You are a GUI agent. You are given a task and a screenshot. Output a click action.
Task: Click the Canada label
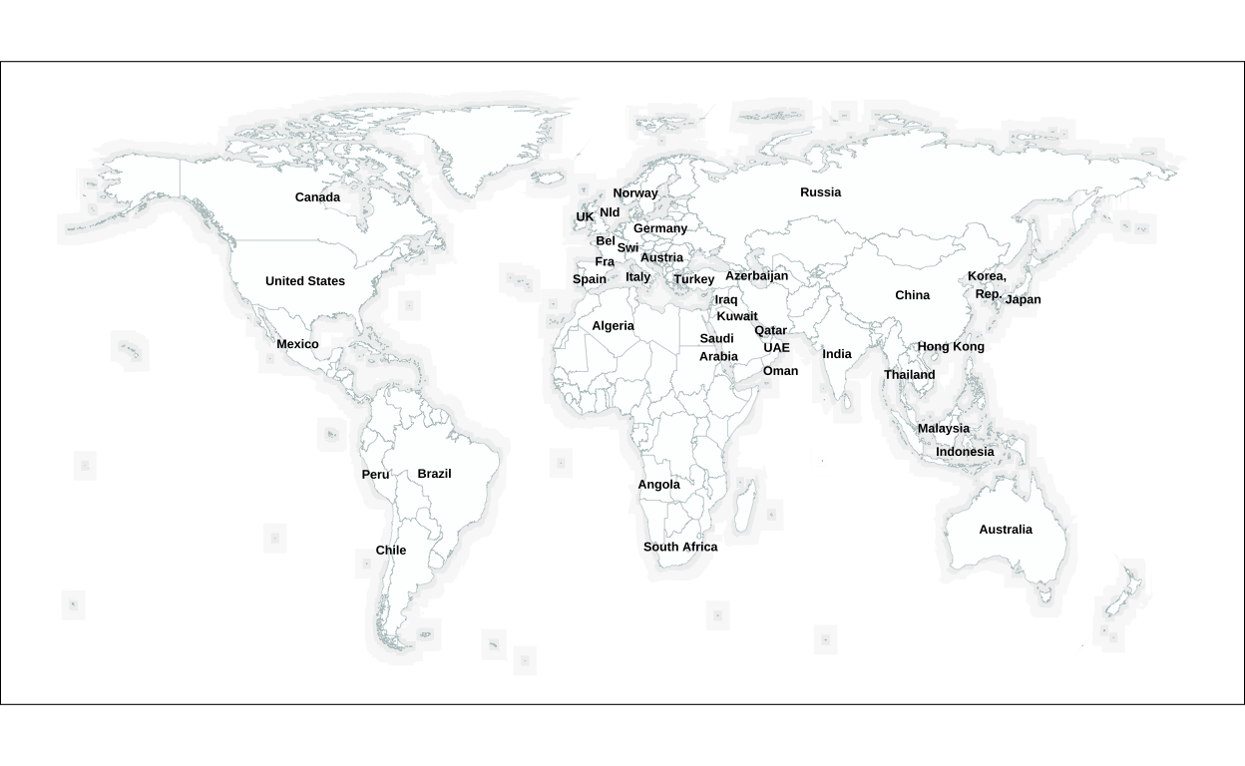coord(317,197)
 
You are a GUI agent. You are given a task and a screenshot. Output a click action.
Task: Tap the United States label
coord(305,281)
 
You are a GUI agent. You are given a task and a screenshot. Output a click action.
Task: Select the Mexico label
coord(297,344)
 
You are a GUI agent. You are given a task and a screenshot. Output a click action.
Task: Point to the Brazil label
coord(434,474)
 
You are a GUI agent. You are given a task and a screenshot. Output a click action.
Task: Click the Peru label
coord(375,475)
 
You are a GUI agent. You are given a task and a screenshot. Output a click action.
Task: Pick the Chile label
coord(391,551)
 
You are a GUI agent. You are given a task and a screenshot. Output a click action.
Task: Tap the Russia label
coord(820,192)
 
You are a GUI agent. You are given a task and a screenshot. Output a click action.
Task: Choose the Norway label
coord(635,193)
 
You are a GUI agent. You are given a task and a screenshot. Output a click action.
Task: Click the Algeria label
coord(613,326)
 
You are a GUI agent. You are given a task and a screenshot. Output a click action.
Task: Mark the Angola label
coord(658,485)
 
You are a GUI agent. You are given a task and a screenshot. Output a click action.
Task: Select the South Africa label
coord(680,547)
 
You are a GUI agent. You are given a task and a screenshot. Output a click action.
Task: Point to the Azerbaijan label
coord(756,276)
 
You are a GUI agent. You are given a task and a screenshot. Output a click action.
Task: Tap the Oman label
coord(780,371)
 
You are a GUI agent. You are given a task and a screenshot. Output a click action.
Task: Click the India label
coord(837,354)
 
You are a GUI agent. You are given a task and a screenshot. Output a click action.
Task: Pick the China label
coord(912,295)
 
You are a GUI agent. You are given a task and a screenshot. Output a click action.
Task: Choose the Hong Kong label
coord(951,347)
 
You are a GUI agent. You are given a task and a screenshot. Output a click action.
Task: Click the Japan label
coord(1023,299)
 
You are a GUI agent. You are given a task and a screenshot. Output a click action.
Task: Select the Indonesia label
coord(965,452)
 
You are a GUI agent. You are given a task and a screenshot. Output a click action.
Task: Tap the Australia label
coord(1006,530)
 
